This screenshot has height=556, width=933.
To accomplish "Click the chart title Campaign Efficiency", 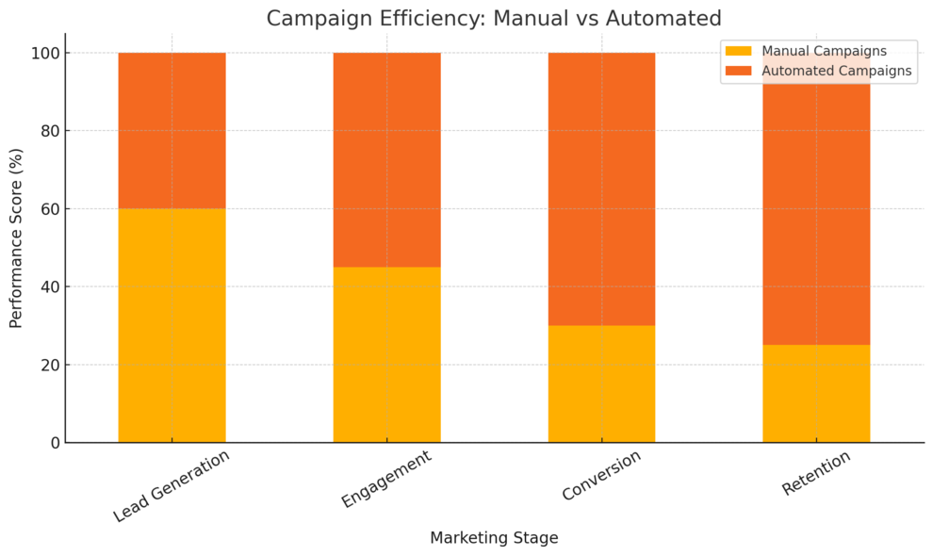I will coord(494,18).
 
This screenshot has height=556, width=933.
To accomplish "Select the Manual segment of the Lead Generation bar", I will coord(172,325).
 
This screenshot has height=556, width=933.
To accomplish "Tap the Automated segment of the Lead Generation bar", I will coord(172,130).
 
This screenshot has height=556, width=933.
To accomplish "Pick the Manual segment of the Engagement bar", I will coord(386,354).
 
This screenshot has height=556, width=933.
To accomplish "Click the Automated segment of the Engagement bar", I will coord(386,159).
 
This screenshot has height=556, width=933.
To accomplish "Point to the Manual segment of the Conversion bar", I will coord(601,384).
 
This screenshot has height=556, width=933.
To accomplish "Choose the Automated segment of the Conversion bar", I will coord(601,188).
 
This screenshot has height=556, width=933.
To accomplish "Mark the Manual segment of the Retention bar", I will coord(816,393).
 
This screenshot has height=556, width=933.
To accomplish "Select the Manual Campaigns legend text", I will coord(824,51).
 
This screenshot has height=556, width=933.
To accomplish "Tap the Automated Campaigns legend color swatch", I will coord(740,71).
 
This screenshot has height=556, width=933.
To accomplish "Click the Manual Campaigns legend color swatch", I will coord(740,51).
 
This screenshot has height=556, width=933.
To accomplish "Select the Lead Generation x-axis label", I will coord(172,486).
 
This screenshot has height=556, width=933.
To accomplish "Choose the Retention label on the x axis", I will coord(816,473).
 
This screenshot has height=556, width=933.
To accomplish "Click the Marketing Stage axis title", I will coord(494,538).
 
